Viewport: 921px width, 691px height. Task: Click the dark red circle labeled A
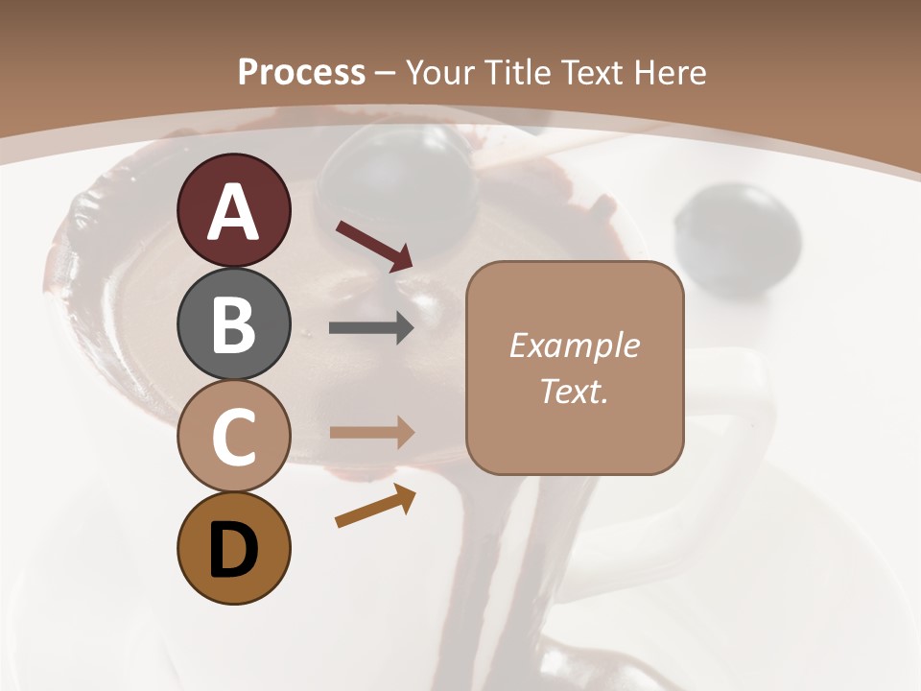(234, 210)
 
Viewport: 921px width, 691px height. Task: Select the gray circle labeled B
(234, 323)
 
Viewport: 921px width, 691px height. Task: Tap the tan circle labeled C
(234, 437)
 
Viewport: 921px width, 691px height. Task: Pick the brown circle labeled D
(234, 549)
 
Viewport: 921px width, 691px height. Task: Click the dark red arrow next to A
(374, 246)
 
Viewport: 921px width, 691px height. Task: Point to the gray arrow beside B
(372, 328)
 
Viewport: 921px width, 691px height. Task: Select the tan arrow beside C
(372, 432)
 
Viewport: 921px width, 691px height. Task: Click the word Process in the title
(301, 73)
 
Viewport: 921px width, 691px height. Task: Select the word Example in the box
(574, 345)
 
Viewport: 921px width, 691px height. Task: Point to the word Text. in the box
(574, 391)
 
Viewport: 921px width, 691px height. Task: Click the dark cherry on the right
(737, 234)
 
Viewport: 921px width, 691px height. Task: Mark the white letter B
(234, 323)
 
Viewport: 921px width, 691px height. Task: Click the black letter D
(234, 549)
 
